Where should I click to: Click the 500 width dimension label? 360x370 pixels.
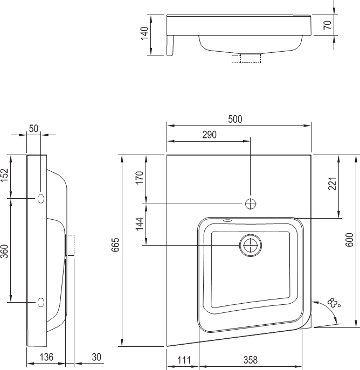(x=235, y=119)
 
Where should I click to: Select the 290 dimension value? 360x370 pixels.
(x=210, y=135)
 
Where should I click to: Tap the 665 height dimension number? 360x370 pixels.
(x=116, y=245)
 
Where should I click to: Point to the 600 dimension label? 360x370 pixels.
(x=349, y=240)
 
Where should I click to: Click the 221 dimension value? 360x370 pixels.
(x=333, y=184)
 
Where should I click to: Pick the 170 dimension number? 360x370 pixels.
(x=140, y=178)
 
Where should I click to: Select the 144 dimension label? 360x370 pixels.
(x=140, y=224)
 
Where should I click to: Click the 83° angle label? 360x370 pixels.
(x=334, y=303)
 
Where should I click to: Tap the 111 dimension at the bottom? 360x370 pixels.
(x=184, y=360)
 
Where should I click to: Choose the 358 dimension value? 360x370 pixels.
(x=251, y=360)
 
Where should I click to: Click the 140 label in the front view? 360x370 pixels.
(x=144, y=33)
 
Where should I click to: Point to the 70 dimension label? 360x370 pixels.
(x=328, y=25)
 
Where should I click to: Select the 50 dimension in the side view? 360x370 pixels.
(x=33, y=129)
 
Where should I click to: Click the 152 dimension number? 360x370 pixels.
(x=4, y=176)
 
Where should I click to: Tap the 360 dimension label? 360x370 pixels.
(x=4, y=252)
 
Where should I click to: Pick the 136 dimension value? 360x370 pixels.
(x=46, y=357)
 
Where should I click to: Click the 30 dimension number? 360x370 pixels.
(x=96, y=357)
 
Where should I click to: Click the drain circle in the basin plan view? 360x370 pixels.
(x=251, y=246)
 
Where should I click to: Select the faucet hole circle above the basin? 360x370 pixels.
(x=251, y=204)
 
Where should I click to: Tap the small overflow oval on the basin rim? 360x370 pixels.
(x=227, y=221)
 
